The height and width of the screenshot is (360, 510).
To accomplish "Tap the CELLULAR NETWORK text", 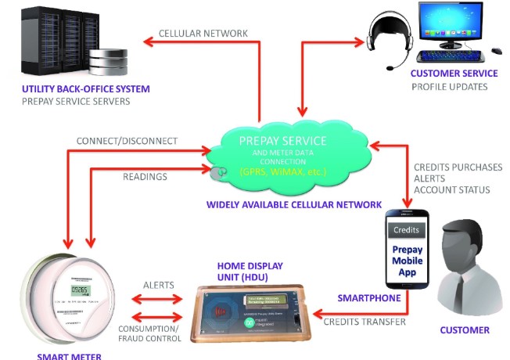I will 203,34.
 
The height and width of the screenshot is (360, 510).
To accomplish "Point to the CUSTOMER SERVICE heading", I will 454,74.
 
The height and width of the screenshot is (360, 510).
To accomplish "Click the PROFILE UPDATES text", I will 449,86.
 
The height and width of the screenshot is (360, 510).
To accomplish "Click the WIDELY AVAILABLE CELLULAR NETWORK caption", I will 293,205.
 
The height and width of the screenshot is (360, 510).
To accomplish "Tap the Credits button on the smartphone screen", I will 407,231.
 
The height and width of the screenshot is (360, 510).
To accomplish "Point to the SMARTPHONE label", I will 369,298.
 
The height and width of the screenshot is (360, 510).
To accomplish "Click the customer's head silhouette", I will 465,243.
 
